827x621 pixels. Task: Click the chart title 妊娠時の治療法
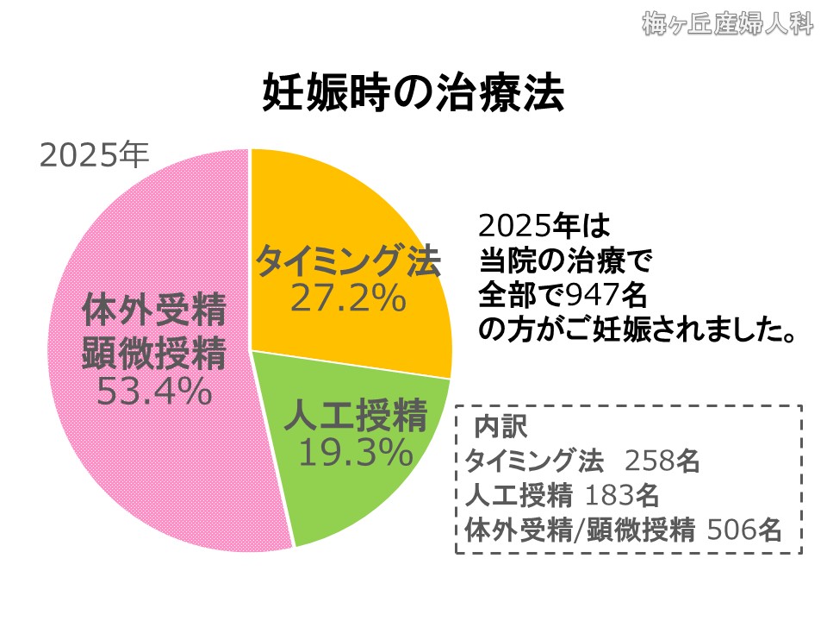[413, 94]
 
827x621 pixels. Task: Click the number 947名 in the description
[606, 294]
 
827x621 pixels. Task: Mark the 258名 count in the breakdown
[662, 461]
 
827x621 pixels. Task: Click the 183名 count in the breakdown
[622, 495]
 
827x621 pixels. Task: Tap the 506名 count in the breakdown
[743, 529]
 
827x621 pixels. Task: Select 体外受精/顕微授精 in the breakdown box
[579, 529]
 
